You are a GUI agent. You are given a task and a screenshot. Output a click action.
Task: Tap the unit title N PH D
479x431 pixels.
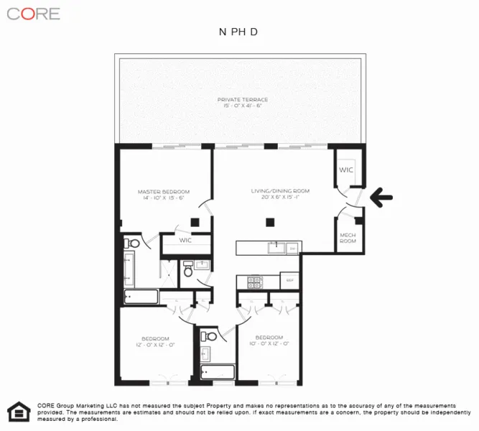pos(238,32)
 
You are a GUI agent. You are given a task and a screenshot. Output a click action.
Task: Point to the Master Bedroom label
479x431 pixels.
pos(164,192)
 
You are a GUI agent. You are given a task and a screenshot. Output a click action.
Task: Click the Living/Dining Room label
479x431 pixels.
pos(279,191)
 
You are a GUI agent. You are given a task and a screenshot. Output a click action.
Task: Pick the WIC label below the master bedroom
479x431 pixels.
pos(185,240)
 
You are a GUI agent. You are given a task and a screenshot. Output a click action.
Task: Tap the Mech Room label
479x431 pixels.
pos(348,238)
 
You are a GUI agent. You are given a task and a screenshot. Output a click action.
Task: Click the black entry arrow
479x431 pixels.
pos(381,195)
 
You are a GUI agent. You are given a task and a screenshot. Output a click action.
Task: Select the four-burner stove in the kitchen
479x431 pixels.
pos(254,282)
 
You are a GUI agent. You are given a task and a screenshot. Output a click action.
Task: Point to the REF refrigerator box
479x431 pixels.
pos(290,280)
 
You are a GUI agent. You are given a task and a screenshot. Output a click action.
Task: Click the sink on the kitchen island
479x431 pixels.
pos(276,248)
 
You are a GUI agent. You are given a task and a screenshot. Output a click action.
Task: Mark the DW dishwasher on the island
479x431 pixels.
pos(292,248)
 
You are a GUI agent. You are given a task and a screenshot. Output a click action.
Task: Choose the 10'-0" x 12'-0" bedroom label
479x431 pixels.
pos(269,341)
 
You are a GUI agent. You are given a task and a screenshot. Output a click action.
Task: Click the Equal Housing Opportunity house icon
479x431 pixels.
pos(16,412)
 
